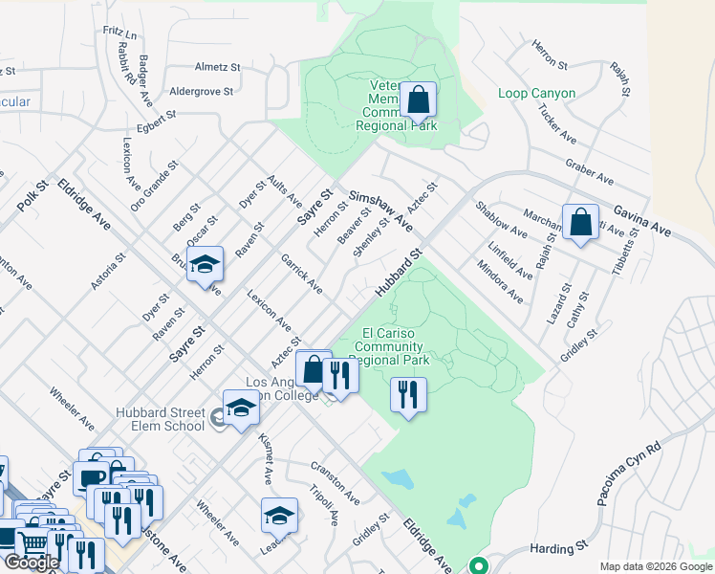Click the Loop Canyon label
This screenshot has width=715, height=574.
(536, 94)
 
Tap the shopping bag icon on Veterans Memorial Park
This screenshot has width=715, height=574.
(418, 99)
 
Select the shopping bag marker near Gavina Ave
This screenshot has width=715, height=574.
(580, 223)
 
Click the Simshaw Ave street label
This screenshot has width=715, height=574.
(380, 210)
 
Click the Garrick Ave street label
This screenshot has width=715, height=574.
(301, 274)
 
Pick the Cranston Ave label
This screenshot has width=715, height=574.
(334, 484)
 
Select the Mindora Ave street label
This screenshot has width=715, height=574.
(501, 285)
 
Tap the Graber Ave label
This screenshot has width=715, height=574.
(589, 172)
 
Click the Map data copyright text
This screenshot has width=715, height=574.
(655, 566)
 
